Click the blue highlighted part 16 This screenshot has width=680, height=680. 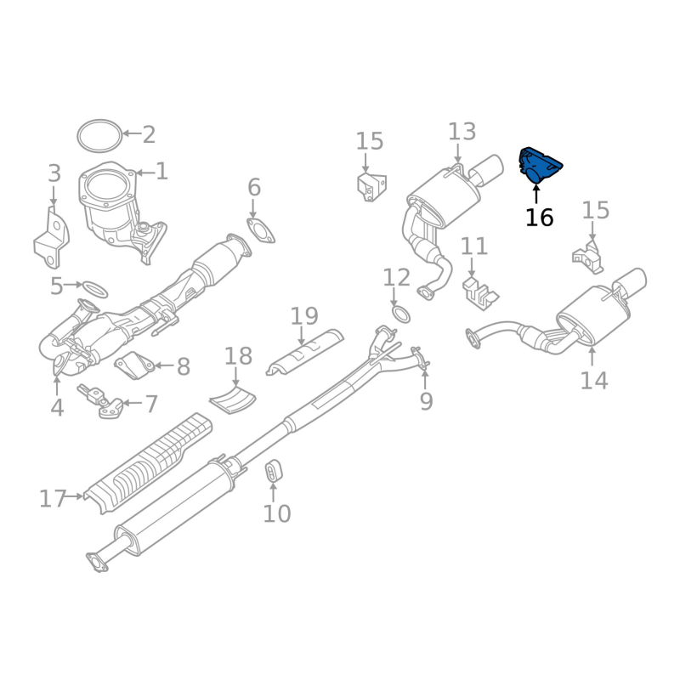click(x=539, y=166)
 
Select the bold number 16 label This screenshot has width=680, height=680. click(x=540, y=218)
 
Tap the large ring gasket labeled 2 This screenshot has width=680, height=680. click(x=99, y=136)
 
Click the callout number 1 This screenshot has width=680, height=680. click(x=161, y=172)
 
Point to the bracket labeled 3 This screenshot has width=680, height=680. click(x=51, y=238)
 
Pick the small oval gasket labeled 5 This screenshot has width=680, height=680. click(x=95, y=289)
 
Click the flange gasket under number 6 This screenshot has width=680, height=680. click(x=261, y=230)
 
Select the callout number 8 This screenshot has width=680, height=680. click(x=184, y=367)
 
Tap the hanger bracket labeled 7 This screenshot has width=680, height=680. click(x=100, y=401)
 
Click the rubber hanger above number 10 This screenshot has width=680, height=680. click(x=273, y=471)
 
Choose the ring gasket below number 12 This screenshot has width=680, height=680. click(x=400, y=314)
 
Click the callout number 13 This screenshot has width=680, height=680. click(x=462, y=132)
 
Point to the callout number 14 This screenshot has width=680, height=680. click(x=594, y=380)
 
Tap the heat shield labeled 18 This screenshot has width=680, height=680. click(x=232, y=399)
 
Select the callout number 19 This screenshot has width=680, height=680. click(x=304, y=316)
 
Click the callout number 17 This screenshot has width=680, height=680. click(x=53, y=499)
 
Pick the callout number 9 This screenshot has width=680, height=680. click(x=427, y=401)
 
